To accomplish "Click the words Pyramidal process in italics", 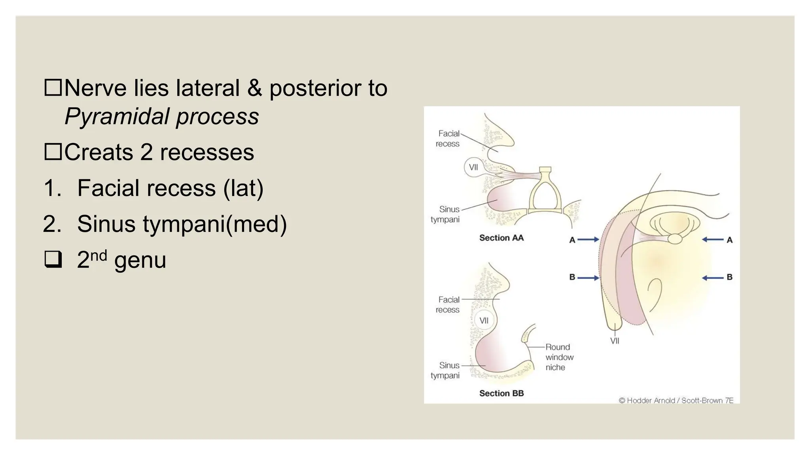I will click(161, 117).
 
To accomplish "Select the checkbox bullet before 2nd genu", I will click(53, 260).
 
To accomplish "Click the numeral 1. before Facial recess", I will click(53, 188).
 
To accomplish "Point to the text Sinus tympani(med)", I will click(182, 224).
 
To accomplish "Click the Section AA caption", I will click(501, 238).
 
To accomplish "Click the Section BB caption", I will click(501, 393).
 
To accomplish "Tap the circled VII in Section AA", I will click(473, 167).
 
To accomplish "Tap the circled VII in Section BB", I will click(484, 320).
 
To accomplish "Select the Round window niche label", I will click(559, 357).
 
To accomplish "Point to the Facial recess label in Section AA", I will click(448, 139).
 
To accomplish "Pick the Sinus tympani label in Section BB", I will click(445, 370).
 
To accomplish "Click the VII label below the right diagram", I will click(615, 341).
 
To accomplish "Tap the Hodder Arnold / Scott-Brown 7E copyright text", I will click(676, 400).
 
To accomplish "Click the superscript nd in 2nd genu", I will click(98, 256).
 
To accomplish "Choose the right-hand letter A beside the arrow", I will click(729, 240).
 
